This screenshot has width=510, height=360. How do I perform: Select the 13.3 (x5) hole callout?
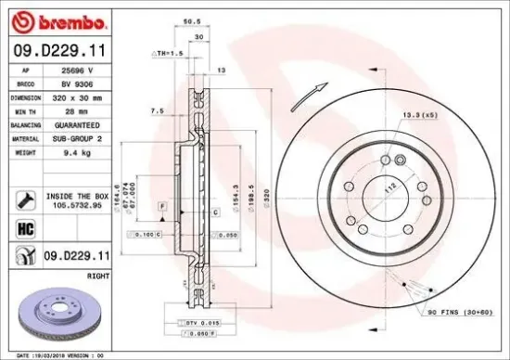415,115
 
